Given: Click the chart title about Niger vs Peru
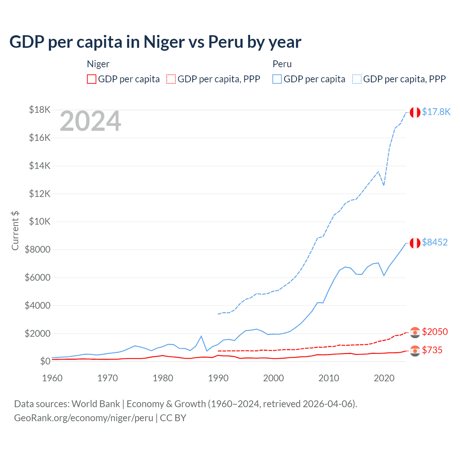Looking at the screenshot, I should (x=155, y=42).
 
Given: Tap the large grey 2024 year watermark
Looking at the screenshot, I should (x=90, y=121).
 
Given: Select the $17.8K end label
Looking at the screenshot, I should (x=436, y=112).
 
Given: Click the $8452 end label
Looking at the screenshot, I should (x=434, y=242).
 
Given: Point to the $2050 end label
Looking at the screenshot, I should (x=434, y=332).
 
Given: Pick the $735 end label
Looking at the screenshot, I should (x=432, y=350).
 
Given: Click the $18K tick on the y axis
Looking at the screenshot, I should (x=40, y=110).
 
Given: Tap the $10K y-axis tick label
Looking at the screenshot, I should (x=40, y=221).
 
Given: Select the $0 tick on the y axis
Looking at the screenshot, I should (x=45, y=361).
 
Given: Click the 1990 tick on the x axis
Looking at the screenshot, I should (x=218, y=378).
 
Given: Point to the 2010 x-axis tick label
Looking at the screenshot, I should (x=329, y=378).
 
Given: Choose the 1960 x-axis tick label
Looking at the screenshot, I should (x=52, y=378).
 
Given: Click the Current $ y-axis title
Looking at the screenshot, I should (x=15, y=231).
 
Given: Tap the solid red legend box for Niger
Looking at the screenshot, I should (x=92, y=79).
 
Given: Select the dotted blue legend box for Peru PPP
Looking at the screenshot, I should (x=357, y=79).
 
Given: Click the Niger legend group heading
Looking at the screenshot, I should (x=98, y=64).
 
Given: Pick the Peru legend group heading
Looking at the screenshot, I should (x=282, y=64).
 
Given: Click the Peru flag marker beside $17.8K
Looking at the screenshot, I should (x=415, y=112).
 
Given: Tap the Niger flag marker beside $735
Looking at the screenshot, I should (x=415, y=351).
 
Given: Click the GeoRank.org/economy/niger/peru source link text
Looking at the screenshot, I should (x=83, y=418).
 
